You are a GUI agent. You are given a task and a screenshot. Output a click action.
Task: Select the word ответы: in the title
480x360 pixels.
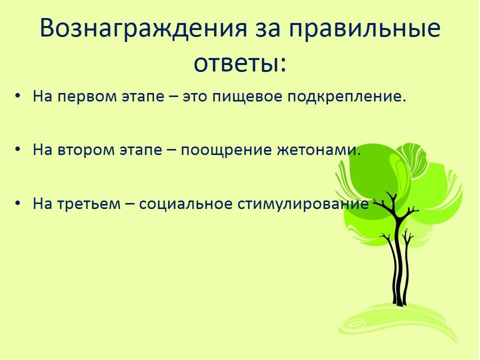[240, 63]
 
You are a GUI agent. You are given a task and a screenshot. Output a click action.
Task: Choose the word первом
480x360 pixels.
[87, 96]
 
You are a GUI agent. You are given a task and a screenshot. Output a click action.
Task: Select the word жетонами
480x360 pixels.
[319, 150]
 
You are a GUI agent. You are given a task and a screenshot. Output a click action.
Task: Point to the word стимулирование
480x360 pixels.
[303, 204]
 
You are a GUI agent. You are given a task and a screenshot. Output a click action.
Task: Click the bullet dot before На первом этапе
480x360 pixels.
[18, 95]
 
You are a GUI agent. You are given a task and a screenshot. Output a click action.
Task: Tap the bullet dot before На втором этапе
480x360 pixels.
[18, 149]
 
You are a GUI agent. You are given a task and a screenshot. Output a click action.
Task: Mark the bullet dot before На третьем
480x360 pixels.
[18, 202]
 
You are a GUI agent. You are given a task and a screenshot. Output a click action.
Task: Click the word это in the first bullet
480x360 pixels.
[194, 96]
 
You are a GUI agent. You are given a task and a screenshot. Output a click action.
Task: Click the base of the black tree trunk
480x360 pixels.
[399, 303]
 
